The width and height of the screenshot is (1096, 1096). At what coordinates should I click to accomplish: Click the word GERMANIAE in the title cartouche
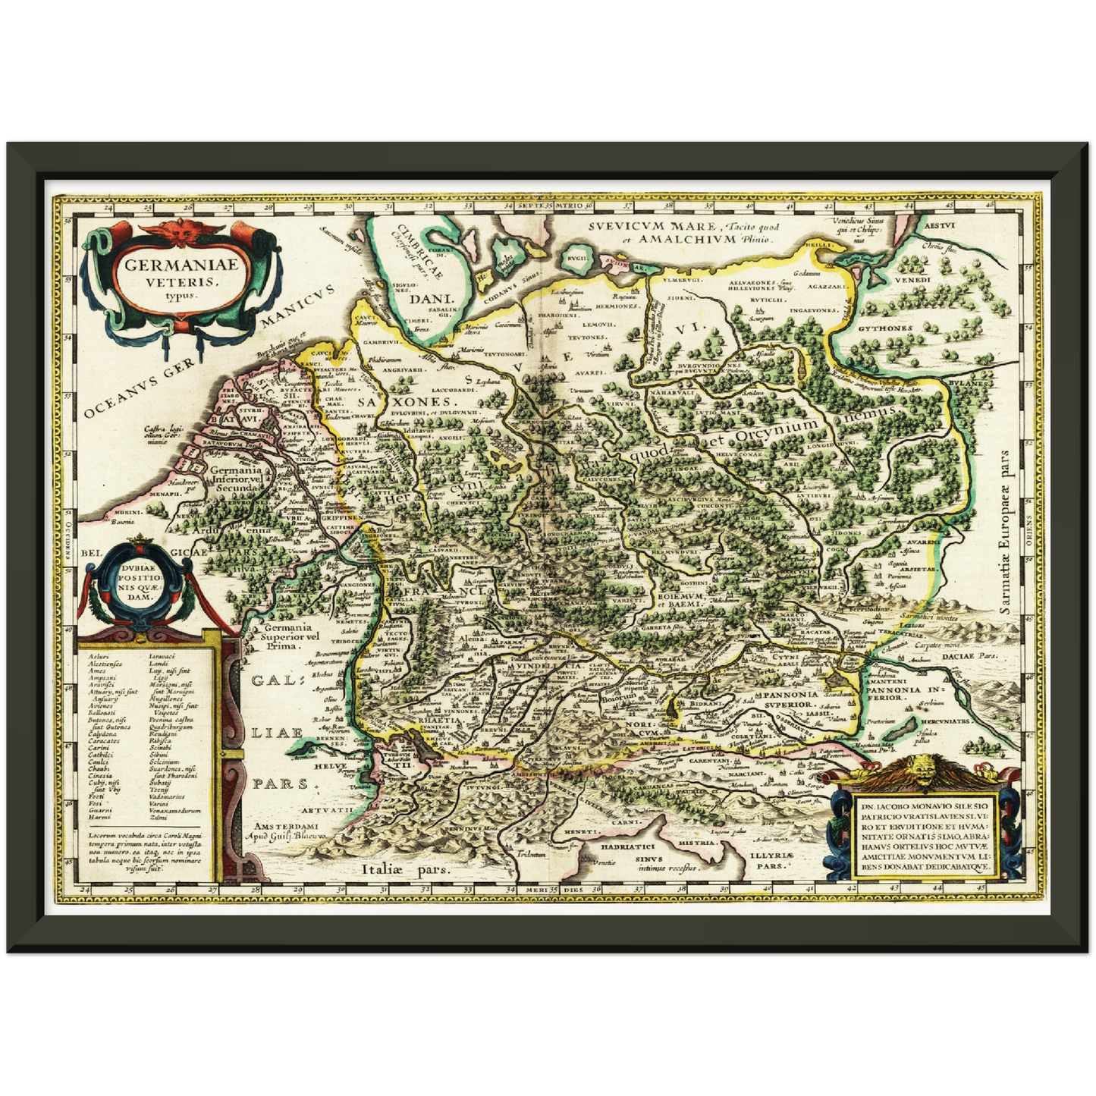coord(181,266)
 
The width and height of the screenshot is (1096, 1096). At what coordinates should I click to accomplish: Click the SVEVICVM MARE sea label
coord(653,226)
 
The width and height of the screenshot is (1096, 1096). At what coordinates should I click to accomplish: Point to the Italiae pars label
coord(406,870)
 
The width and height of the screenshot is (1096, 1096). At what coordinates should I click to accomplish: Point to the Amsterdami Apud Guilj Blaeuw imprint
coord(291,831)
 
